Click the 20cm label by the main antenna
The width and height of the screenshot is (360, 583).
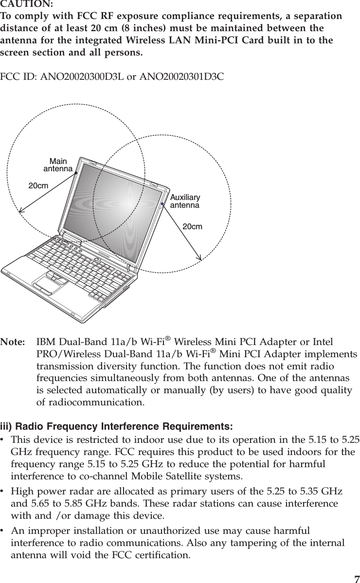pos(38,186)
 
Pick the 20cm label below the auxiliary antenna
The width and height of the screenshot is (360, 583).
pos(192,227)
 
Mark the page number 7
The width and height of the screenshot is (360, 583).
pos(357,578)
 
